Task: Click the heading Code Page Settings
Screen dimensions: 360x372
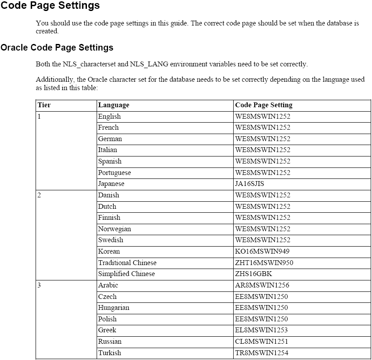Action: coord(50,6)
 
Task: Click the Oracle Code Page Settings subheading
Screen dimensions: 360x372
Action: coord(57,47)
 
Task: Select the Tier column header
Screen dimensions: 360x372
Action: coord(44,105)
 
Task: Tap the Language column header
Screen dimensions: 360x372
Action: coord(114,105)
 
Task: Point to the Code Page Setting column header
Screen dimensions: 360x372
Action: coord(264,105)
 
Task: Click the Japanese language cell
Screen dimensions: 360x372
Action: coord(111,184)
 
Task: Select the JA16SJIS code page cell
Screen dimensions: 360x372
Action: coord(249,184)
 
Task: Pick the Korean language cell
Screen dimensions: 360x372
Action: coord(109,251)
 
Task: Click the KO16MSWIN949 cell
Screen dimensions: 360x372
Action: coord(262,251)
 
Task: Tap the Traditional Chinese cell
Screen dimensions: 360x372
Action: coord(127,263)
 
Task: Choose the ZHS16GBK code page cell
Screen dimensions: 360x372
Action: coord(253,274)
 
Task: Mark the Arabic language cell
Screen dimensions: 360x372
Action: coord(108,285)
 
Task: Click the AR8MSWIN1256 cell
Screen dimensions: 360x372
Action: coord(262,285)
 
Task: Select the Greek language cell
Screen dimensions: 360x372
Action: coord(107,330)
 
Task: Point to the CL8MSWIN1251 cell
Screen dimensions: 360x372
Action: coord(262,342)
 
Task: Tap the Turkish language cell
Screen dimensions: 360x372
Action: coord(109,353)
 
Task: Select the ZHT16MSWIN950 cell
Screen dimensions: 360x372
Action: coord(264,263)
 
